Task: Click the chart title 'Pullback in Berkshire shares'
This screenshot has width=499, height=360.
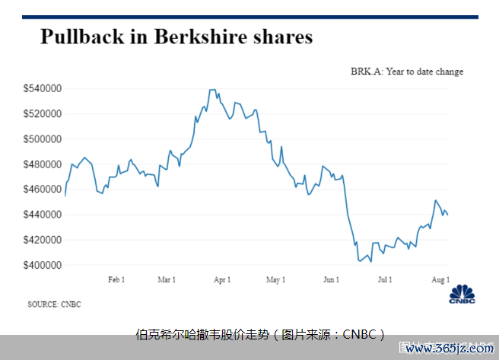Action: (176, 37)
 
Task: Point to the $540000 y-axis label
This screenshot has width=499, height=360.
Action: (43, 88)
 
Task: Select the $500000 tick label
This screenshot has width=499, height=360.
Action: (43, 139)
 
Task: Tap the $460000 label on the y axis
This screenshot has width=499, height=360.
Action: (43, 190)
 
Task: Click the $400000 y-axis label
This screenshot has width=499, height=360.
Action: (43, 265)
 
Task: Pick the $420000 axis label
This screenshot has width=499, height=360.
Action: (43, 240)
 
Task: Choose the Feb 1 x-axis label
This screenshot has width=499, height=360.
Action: (116, 280)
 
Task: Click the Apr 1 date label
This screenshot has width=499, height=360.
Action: (222, 280)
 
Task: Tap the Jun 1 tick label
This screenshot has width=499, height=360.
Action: (332, 280)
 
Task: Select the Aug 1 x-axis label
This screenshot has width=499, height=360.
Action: (440, 280)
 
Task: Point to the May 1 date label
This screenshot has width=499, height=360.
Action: (275, 280)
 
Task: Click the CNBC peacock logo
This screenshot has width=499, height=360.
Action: (462, 294)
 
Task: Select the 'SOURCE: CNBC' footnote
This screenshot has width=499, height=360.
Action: (55, 304)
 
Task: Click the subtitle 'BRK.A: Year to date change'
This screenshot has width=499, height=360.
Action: (407, 72)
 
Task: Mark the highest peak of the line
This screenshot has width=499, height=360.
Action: (212, 90)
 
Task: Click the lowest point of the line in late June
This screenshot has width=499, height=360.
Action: (371, 262)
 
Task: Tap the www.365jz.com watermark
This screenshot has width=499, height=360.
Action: (450, 349)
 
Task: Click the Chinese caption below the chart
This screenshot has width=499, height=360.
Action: (260, 335)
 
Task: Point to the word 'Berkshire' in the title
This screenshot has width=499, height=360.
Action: (201, 37)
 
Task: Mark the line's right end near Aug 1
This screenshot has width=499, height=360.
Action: (448, 215)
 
